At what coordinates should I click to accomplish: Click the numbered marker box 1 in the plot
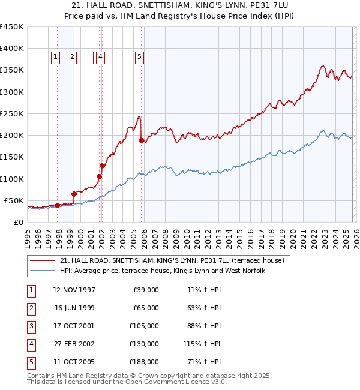[x=55, y=57]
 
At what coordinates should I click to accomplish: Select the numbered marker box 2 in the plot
[x=72, y=57]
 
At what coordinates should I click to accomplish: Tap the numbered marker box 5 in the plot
[x=139, y=57]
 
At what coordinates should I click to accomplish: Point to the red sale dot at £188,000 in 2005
[x=142, y=140]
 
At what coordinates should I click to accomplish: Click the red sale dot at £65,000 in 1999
[x=74, y=194]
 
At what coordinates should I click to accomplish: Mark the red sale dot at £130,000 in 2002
[x=103, y=166]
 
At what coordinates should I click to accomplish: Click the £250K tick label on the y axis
[x=12, y=113]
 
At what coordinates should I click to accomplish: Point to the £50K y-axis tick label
[x=14, y=200]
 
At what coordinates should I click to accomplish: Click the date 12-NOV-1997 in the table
[x=74, y=290]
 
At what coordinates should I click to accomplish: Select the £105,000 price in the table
[x=146, y=326]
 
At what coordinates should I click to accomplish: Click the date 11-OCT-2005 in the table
[x=74, y=362]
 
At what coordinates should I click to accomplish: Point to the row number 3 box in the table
[x=31, y=326]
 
